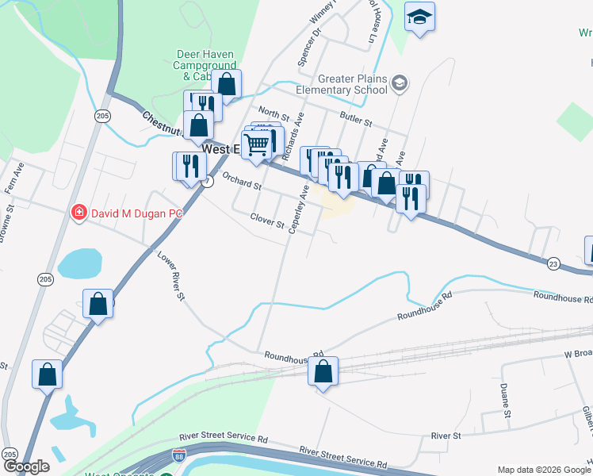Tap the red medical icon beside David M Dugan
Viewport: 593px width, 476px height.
(79, 213)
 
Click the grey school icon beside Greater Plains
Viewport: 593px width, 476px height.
(400, 83)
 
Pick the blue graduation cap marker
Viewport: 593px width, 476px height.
(418, 17)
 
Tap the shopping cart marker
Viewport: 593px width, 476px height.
(256, 145)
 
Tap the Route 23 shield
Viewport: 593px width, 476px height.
(553, 262)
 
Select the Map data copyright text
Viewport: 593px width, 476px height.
(543, 470)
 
